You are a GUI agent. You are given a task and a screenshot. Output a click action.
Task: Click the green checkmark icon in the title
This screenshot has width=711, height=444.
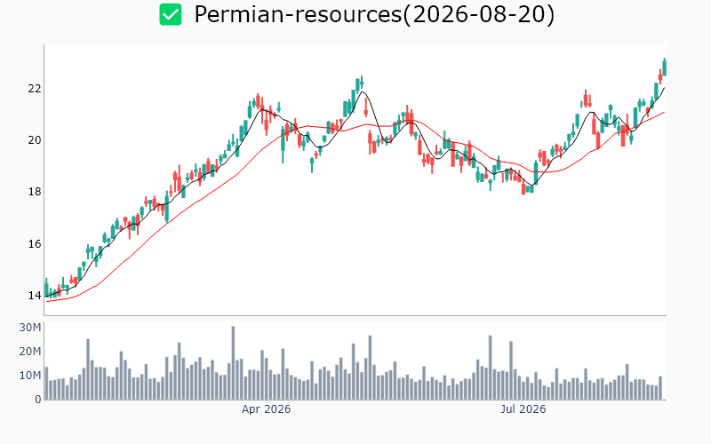(x=171, y=14)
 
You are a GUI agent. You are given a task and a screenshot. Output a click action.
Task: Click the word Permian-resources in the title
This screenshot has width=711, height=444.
(x=298, y=14)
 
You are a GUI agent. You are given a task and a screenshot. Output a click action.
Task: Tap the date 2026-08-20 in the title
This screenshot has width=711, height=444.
(x=478, y=14)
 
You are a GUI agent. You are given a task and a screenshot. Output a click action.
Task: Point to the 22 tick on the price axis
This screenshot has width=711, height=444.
(x=35, y=88)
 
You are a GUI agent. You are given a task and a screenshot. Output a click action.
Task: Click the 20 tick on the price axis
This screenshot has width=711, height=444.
(x=35, y=140)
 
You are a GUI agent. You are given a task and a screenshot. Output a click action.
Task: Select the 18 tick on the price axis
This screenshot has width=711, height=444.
(x=35, y=192)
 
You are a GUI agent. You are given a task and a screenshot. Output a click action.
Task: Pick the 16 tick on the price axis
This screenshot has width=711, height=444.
(x=35, y=244)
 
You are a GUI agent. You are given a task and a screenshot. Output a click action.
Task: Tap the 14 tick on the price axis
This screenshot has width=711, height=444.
(x=35, y=296)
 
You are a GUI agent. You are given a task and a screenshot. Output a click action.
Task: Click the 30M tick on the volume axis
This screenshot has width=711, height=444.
(x=30, y=328)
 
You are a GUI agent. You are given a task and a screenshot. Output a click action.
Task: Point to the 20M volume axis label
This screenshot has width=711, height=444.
(x=30, y=352)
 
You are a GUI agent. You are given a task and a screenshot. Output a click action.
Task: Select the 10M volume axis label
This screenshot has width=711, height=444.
(x=30, y=376)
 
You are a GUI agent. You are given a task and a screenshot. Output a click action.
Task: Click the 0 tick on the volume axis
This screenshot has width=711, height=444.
(x=38, y=400)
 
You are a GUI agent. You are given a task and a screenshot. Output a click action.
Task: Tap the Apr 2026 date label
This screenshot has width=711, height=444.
(x=266, y=409)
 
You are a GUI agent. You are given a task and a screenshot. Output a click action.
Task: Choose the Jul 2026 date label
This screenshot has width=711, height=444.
(x=523, y=409)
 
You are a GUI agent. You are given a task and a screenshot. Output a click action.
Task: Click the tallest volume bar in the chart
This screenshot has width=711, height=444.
(x=233, y=363)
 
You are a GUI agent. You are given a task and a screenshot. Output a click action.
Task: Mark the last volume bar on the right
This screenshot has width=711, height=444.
(x=660, y=388)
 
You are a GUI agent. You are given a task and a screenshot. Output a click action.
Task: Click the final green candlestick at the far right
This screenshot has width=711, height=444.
(x=665, y=67)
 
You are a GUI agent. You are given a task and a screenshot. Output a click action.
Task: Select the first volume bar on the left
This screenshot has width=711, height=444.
(x=46, y=384)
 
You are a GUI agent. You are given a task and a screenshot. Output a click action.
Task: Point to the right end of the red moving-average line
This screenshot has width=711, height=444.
(x=665, y=112)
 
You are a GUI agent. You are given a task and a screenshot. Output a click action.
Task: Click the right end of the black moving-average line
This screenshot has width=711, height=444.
(x=665, y=87)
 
